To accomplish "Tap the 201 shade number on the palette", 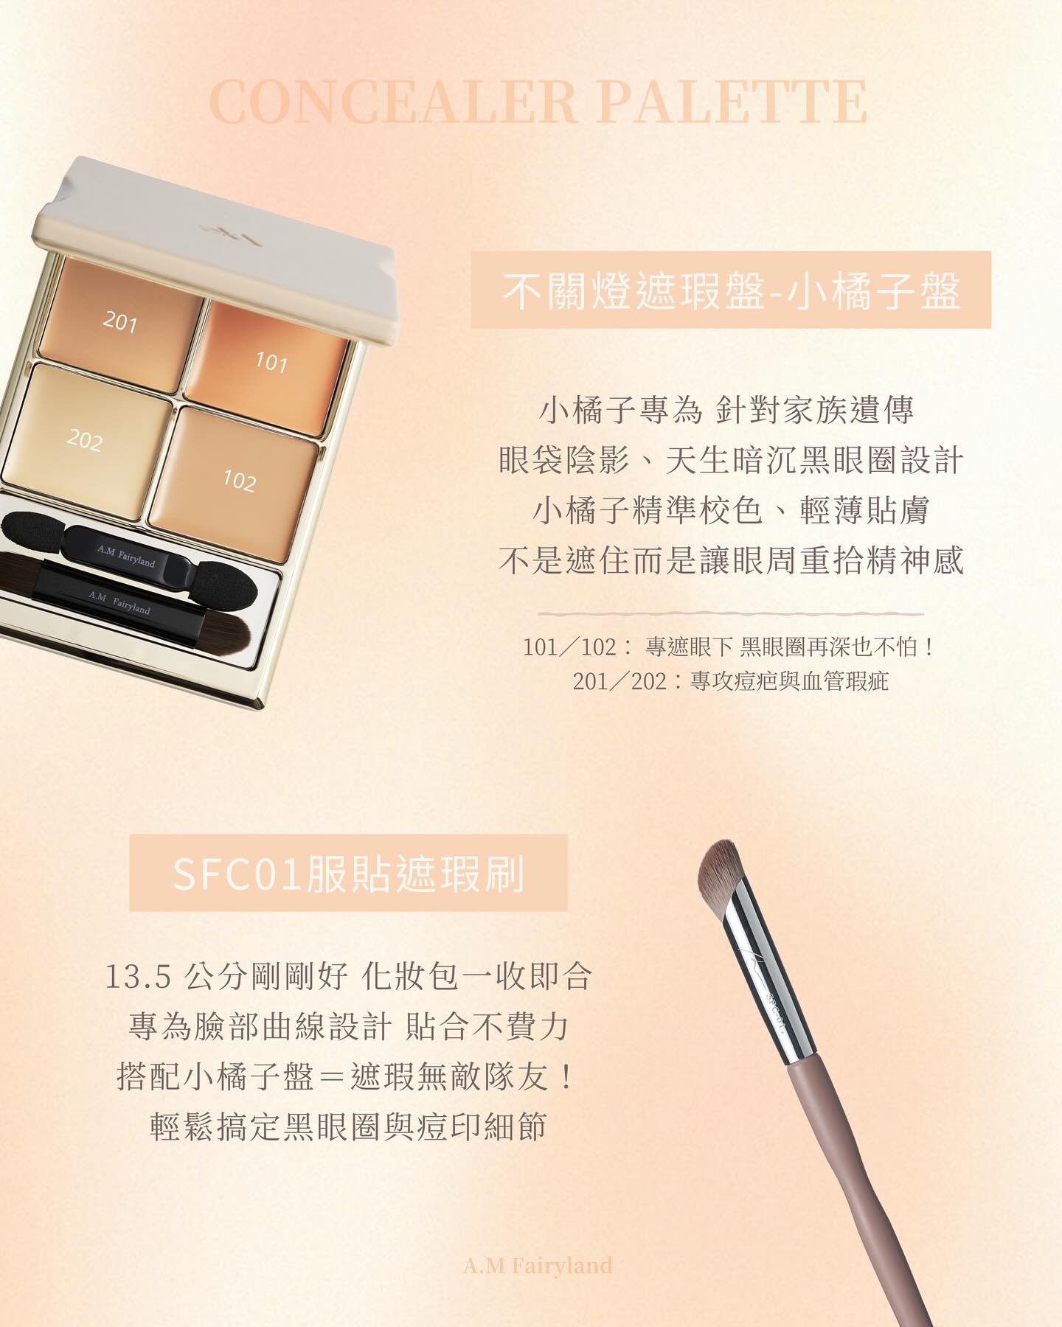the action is [x=120, y=321].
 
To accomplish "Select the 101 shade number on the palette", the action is [x=271, y=362].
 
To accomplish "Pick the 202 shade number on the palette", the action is [x=84, y=440].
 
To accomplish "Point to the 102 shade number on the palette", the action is [x=239, y=481].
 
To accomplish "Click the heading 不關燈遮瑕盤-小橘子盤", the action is [x=731, y=290].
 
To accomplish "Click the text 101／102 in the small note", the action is [x=569, y=647].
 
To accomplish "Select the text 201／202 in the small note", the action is [x=619, y=681].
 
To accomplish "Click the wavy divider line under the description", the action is [x=731, y=613].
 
